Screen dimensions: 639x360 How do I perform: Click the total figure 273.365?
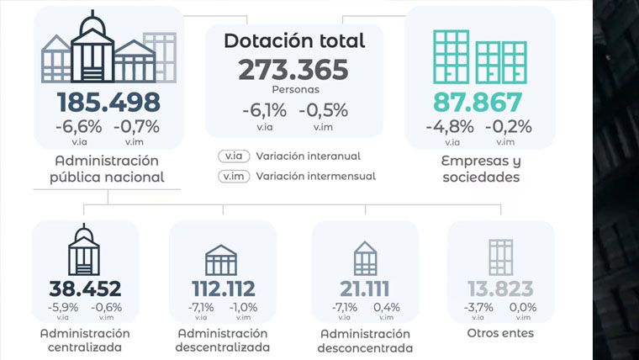pos(293,70)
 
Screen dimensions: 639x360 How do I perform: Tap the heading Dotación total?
pos(294,40)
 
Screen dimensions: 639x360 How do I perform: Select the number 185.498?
pos(108,103)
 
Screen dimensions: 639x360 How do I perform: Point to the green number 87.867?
pos(478,103)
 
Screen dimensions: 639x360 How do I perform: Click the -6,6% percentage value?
pos(79,127)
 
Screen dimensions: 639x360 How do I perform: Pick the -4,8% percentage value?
pos(450,127)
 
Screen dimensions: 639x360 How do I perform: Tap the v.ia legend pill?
pos(234,156)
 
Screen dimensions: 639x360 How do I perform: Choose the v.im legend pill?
pos(234,176)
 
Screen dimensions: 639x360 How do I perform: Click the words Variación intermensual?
pos(316,176)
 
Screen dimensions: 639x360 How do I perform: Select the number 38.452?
pos(85,289)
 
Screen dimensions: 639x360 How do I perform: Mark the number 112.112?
pos(224,289)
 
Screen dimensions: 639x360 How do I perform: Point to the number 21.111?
pos(365,289)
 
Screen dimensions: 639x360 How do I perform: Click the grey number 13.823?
pos(500,289)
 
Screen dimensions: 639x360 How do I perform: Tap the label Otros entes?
pos(500,333)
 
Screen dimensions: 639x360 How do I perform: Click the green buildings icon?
pos(480,57)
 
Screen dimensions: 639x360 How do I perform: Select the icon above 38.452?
pos(84,250)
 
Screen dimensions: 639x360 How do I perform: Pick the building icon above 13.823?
pos(501,257)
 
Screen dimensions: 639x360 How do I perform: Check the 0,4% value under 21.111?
pos(387,307)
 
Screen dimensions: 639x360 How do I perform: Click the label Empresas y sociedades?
pos(481,169)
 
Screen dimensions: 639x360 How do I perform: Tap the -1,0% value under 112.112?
pos(243,307)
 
